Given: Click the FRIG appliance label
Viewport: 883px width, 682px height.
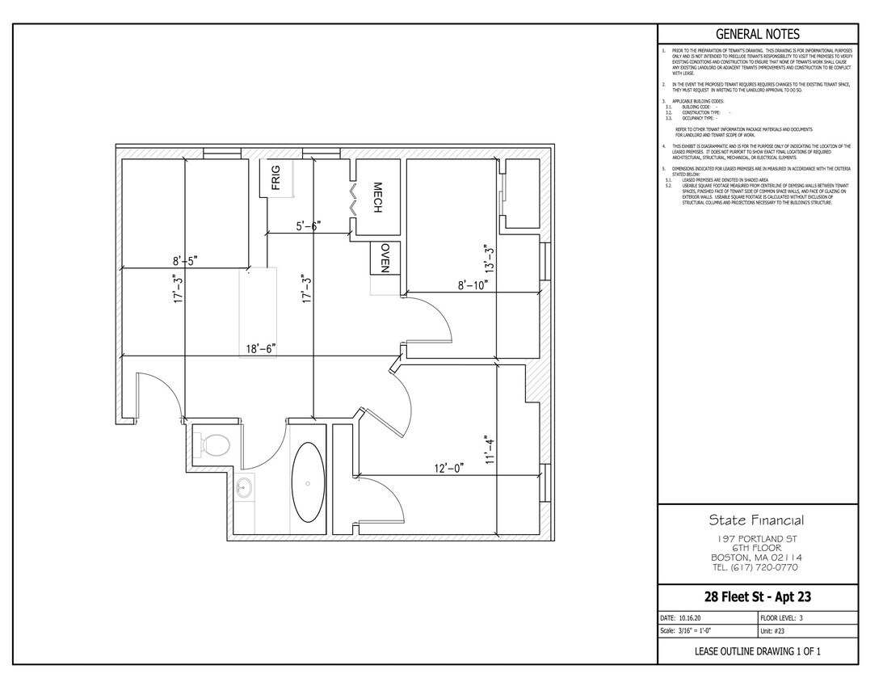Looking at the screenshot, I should click(275, 178).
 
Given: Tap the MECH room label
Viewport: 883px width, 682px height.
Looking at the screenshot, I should click(376, 197).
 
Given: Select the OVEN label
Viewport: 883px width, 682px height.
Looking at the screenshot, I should click(385, 258).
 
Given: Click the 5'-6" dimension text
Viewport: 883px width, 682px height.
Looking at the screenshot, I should click(309, 227).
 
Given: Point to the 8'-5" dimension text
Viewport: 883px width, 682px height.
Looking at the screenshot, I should click(184, 261).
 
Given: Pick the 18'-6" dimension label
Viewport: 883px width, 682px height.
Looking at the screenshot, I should click(261, 349).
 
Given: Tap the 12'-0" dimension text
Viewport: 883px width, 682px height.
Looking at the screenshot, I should click(448, 468).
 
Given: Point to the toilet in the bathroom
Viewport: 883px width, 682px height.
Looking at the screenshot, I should click(216, 444).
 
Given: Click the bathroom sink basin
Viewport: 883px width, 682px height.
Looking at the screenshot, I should click(244, 488).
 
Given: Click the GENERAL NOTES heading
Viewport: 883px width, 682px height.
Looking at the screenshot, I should click(758, 34).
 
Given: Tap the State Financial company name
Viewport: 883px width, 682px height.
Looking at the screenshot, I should click(756, 520).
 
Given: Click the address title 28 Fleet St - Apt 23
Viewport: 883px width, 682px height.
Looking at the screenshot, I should click(757, 597).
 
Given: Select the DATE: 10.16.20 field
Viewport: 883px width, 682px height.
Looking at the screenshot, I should click(683, 617).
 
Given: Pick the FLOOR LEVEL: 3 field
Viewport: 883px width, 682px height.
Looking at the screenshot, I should click(786, 617).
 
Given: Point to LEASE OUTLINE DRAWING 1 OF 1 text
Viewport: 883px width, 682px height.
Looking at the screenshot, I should click(757, 651).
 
